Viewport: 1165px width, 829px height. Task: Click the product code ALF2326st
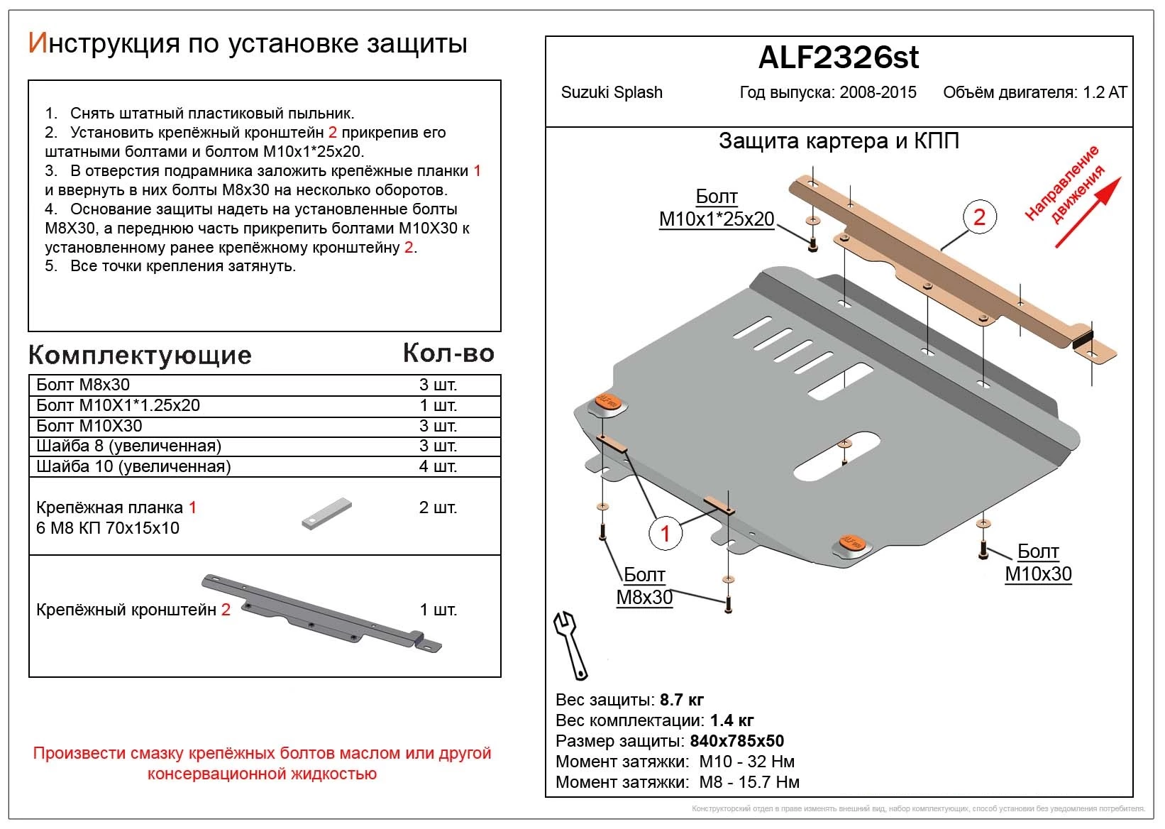(838, 57)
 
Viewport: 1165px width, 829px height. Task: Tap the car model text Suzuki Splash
(611, 93)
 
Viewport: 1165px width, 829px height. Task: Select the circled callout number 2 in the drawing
(979, 216)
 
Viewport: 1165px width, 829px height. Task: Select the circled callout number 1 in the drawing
(665, 533)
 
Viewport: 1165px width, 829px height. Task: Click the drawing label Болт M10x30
(1037, 563)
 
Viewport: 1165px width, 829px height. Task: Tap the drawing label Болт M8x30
(644, 586)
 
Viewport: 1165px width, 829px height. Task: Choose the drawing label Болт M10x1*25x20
(717, 208)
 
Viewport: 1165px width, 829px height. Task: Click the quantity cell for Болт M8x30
(438, 385)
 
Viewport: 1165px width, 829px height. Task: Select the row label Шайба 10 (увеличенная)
(133, 466)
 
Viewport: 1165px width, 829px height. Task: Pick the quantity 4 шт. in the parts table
(438, 466)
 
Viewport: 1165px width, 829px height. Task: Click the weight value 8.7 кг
(681, 700)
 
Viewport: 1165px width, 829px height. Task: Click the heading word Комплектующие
(140, 355)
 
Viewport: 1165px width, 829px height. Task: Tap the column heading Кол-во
(448, 353)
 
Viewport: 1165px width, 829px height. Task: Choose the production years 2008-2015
(878, 93)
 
